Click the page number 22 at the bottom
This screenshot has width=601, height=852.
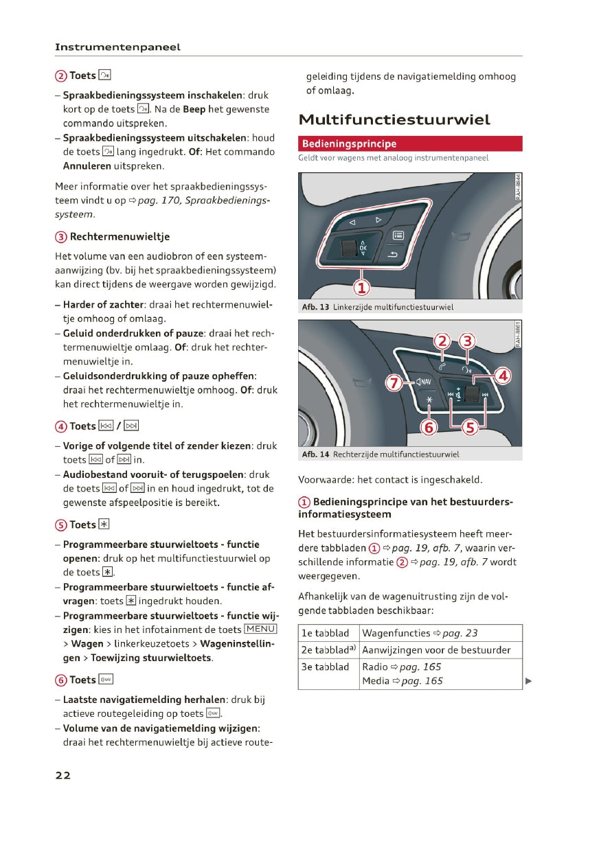63,775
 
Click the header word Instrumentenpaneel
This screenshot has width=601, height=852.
117,47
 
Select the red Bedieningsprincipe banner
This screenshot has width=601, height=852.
410,144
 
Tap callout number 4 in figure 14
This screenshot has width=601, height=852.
503,376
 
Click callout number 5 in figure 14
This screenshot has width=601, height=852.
470,428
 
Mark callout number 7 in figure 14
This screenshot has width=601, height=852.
393,382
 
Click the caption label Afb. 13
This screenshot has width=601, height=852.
315,308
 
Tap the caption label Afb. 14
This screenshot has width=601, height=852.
315,454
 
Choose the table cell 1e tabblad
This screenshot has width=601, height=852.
326,633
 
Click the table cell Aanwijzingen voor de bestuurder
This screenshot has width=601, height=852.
436,650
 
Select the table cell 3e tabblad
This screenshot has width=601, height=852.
326,667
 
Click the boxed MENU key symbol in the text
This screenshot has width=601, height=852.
260,630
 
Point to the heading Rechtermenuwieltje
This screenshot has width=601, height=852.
120,237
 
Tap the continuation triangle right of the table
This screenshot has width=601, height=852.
528,681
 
